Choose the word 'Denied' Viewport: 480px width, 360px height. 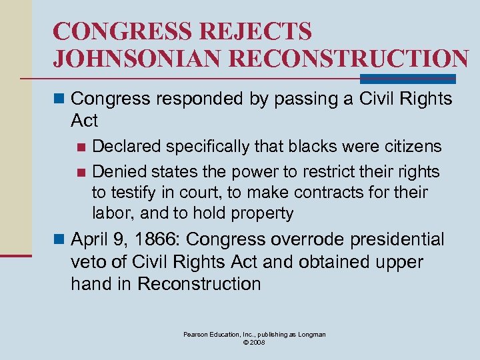pos(117,171)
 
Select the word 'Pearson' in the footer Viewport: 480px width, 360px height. pos(197,335)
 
